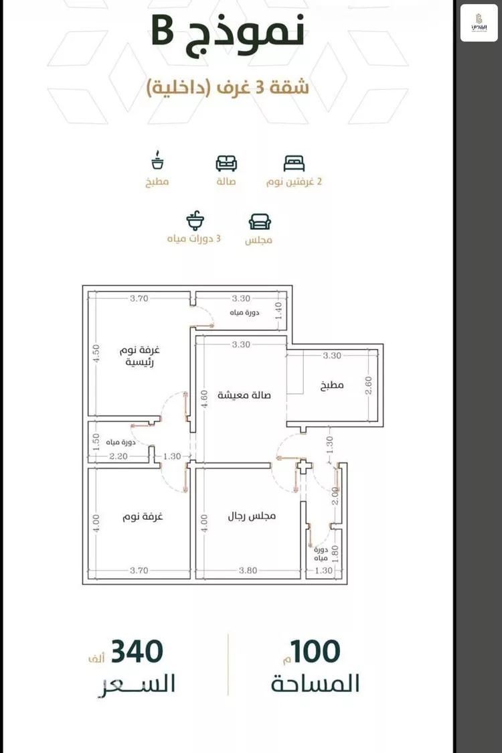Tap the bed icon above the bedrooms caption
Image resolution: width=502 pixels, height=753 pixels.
click(294, 163)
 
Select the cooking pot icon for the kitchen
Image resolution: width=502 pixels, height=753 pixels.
click(158, 162)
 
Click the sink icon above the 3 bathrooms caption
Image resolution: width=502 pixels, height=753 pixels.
click(195, 220)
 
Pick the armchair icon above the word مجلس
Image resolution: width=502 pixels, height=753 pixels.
click(260, 222)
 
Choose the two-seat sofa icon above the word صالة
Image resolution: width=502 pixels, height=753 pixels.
click(226, 163)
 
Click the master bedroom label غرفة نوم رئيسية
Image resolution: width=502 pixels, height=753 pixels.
click(141, 356)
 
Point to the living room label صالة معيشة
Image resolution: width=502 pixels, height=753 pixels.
click(244, 395)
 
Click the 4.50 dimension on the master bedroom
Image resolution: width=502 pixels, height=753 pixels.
click(96, 353)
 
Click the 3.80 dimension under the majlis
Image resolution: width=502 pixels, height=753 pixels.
click(248, 570)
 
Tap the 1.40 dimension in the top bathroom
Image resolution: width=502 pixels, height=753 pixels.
click(279, 310)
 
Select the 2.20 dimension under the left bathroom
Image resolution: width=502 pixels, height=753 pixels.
click(118, 456)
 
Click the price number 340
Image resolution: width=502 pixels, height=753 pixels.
click(137, 651)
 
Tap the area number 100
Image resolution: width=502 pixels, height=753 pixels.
click(316, 651)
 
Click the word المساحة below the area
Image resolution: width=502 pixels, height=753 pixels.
click(315, 684)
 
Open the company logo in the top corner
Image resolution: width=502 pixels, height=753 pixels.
click(479, 23)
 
